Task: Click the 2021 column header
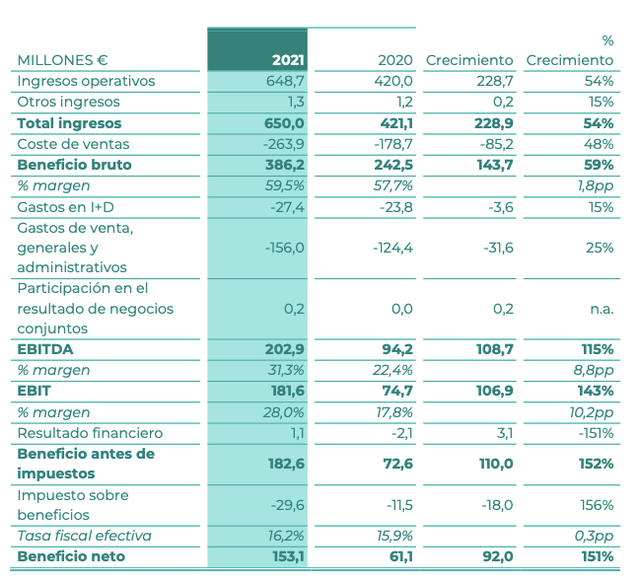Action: click(287, 60)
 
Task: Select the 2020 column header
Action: click(395, 60)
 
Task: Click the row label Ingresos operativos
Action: click(86, 81)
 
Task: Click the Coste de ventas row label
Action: click(75, 144)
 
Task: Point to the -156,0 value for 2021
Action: click(284, 248)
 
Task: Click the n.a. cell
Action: click(601, 309)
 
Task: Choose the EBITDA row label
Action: click(45, 349)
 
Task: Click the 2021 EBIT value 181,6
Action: click(285, 392)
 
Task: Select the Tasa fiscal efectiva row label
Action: click(84, 537)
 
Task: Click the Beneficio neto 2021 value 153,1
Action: click(285, 557)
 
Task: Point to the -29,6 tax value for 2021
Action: click(285, 505)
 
